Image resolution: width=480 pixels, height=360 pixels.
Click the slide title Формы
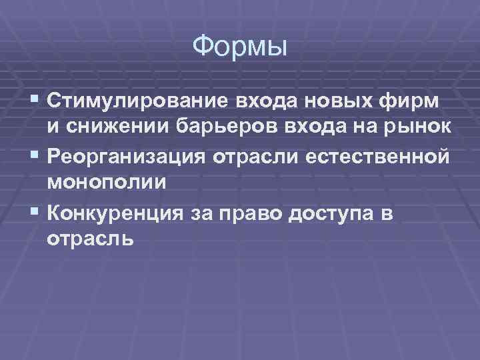click(239, 47)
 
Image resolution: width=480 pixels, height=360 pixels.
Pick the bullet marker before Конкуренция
click(35, 213)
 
